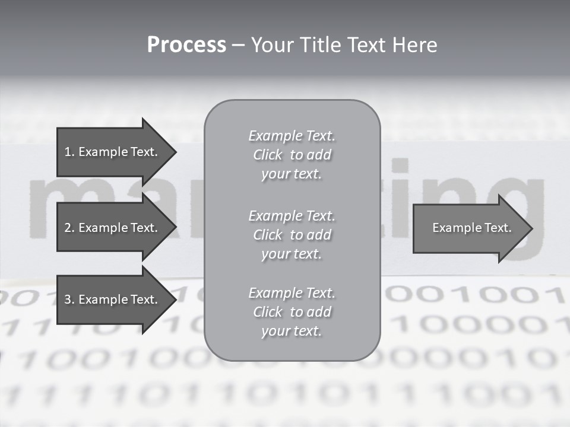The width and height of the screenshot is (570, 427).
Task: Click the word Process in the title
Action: coord(186,45)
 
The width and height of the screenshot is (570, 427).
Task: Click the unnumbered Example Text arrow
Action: coord(471,228)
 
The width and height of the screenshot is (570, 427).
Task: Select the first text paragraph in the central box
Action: coord(292,155)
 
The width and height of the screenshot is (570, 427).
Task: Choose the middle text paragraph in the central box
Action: coord(292,235)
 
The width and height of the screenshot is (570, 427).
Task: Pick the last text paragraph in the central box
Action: coord(292,312)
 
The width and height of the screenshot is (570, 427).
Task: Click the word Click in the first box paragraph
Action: coord(267,155)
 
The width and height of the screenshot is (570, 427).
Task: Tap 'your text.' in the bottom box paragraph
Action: coord(292,331)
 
